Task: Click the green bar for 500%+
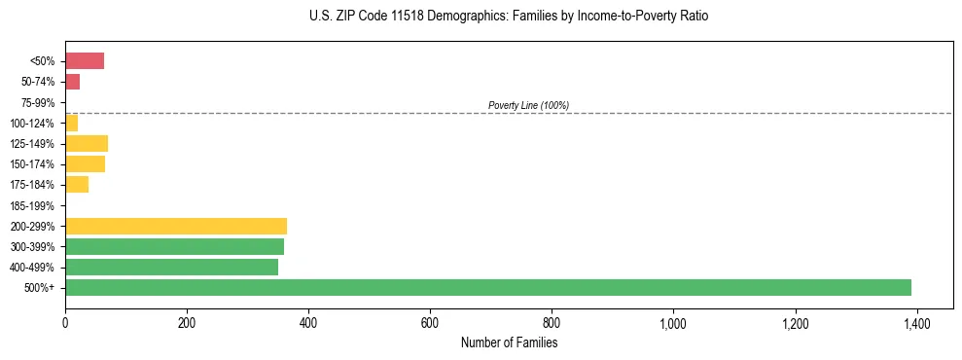click(x=487, y=287)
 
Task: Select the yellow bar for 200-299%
click(x=175, y=226)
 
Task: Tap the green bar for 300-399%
click(x=174, y=246)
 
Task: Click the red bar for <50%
click(x=84, y=61)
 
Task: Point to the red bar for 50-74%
click(x=72, y=82)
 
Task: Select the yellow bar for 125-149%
click(x=86, y=144)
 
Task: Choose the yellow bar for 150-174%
click(x=85, y=164)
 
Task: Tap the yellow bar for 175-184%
click(x=77, y=185)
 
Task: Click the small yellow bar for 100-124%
click(x=71, y=124)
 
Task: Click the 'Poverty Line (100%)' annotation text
click(x=528, y=105)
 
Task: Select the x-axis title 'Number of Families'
click(x=509, y=342)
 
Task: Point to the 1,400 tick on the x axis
click(x=916, y=323)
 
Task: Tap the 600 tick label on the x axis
click(x=430, y=323)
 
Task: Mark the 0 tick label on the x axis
click(x=65, y=323)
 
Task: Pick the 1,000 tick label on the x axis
click(x=673, y=323)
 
